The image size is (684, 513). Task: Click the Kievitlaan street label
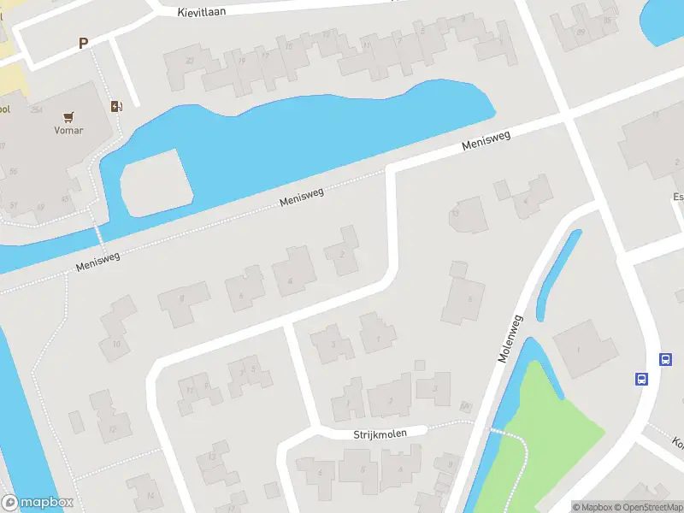click(x=207, y=12)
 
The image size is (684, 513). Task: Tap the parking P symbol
click(x=83, y=44)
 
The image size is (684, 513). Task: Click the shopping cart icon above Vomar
click(x=68, y=116)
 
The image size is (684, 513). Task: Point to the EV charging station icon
click(x=116, y=106)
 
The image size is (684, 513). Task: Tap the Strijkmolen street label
click(x=380, y=434)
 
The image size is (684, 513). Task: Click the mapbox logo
click(x=38, y=503)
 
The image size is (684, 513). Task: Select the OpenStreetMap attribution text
click(x=646, y=507)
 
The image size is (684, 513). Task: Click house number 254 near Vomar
click(x=37, y=110)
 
